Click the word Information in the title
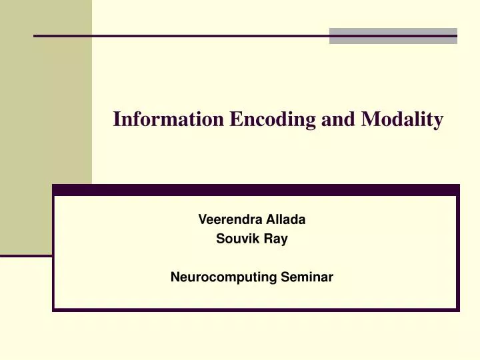point(169,119)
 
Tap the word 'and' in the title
point(339,119)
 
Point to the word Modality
point(402,120)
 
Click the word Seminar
point(311,275)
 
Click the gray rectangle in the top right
point(393,36)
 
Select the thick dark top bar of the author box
point(256,190)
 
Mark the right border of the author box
point(458,253)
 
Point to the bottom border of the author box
point(256,310)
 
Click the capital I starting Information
point(117,119)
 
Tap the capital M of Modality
point(369,119)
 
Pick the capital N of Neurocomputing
point(175,275)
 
